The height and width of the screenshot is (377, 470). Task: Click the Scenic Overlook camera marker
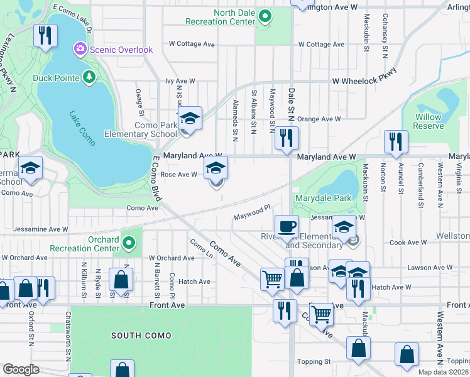[x=80, y=48]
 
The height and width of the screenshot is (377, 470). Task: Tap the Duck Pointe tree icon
[x=89, y=77]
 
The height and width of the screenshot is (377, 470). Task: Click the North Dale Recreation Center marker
[x=265, y=16]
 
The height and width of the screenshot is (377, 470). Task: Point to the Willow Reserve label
[x=428, y=121]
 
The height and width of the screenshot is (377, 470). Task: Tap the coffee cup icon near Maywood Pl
[x=287, y=226]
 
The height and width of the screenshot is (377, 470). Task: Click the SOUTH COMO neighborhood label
[x=141, y=336]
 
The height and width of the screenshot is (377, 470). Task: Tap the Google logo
[x=21, y=369]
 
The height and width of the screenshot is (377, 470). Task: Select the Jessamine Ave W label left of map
[x=40, y=229]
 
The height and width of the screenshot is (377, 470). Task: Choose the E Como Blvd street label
[x=157, y=179]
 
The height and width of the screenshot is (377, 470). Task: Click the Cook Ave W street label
[x=408, y=242]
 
